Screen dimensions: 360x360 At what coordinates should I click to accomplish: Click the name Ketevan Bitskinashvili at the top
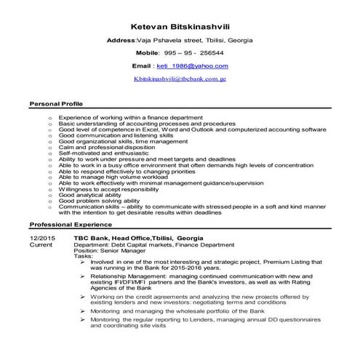click(180, 25)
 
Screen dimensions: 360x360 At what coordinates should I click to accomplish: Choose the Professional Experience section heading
click(68, 225)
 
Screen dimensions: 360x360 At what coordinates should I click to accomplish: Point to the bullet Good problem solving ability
click(99, 201)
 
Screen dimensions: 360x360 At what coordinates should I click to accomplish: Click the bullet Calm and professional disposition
click(106, 148)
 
